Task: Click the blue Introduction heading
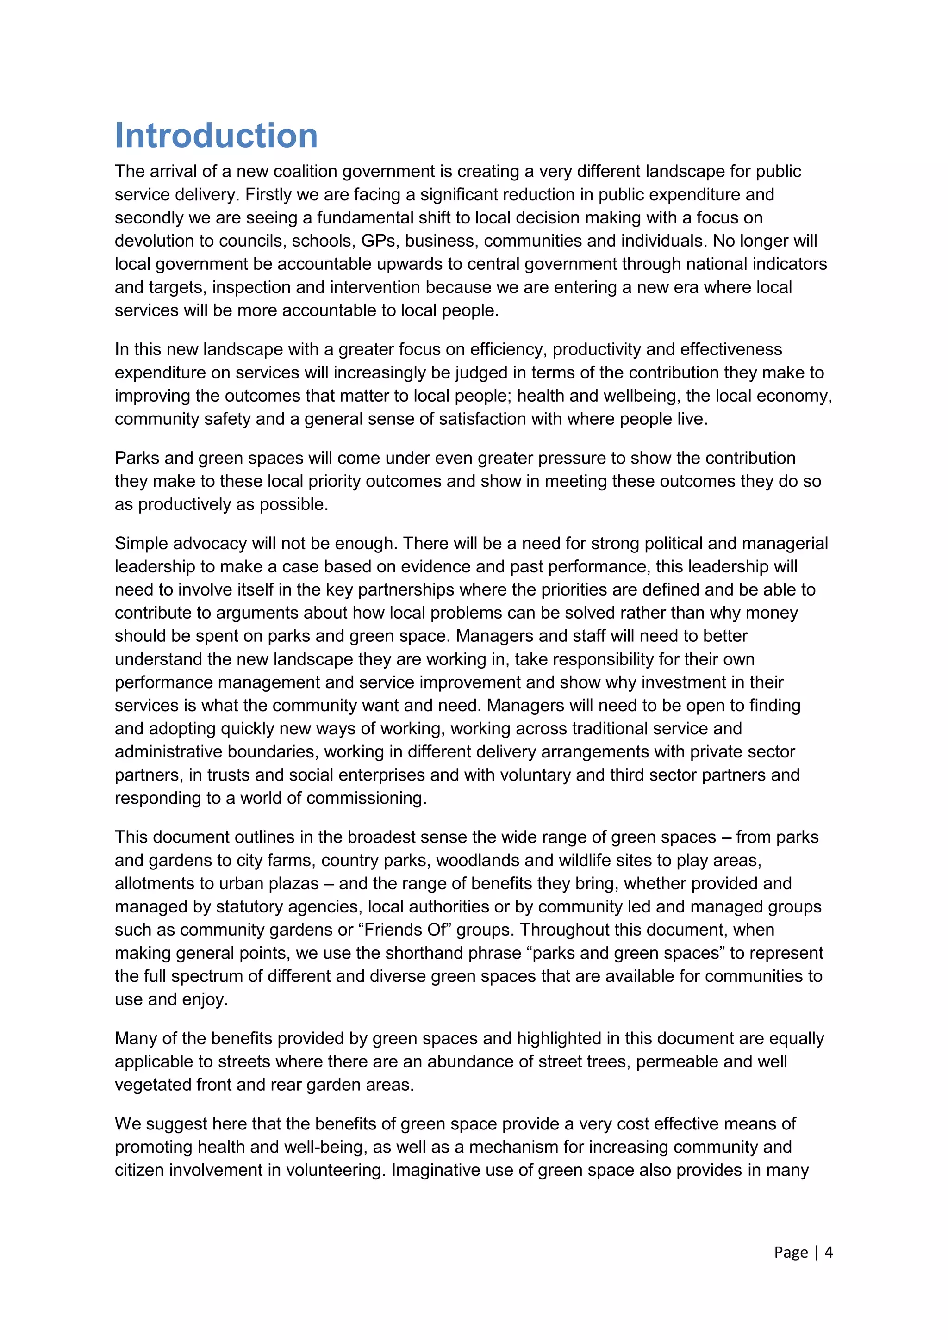tap(216, 136)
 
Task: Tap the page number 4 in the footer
tap(828, 1253)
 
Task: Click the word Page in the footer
tap(791, 1253)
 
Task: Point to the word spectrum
tap(212, 976)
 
